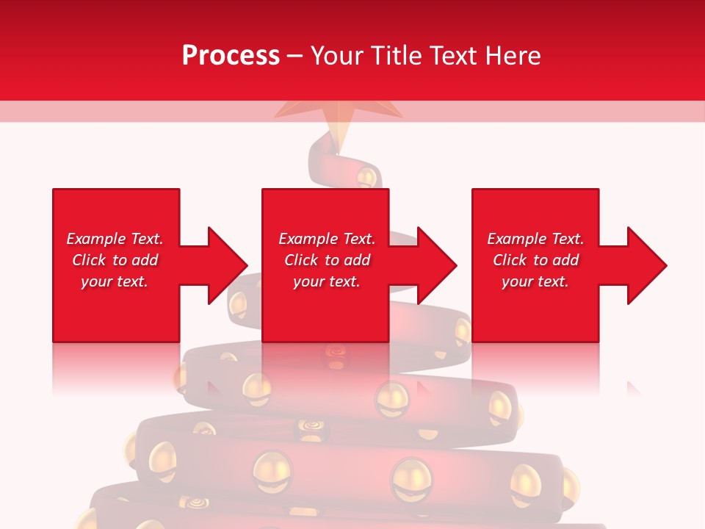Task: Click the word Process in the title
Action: click(231, 56)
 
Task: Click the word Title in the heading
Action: click(395, 56)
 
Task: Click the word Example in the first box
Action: click(95, 239)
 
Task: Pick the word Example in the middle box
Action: click(308, 239)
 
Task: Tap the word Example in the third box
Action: click(516, 239)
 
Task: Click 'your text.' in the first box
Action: click(115, 281)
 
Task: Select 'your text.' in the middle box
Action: click(327, 281)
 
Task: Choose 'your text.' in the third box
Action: click(535, 281)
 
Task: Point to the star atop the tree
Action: click(338, 118)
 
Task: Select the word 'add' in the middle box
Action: click(357, 260)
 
